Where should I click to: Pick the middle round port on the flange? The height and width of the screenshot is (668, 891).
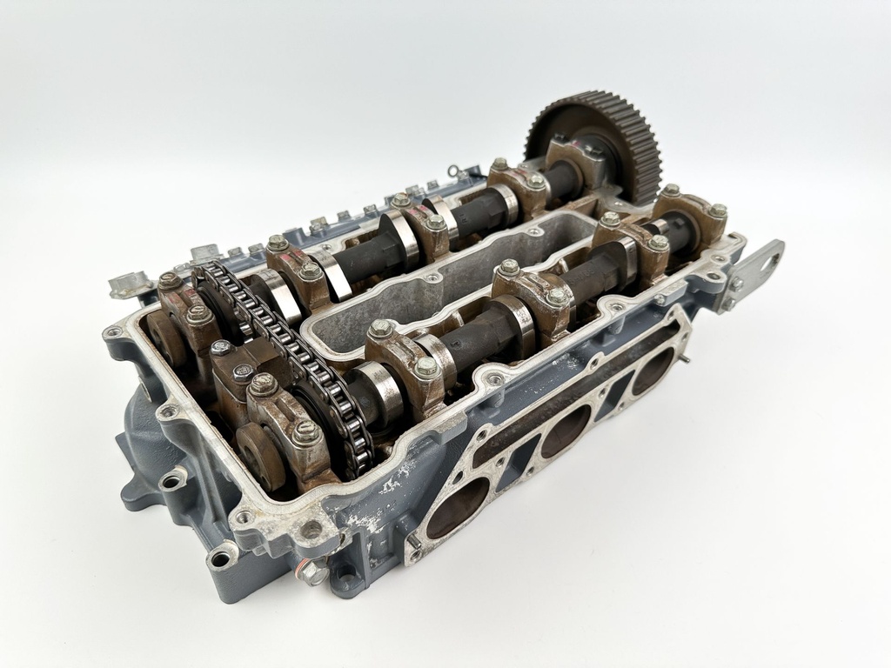[x=566, y=431]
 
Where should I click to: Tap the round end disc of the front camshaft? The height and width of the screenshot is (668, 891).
[x=252, y=457]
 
